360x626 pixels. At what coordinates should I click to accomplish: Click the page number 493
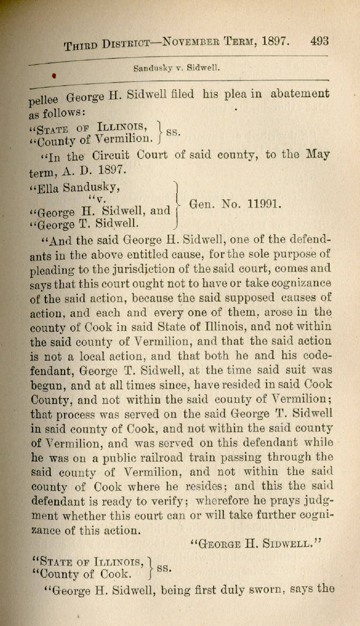point(318,42)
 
